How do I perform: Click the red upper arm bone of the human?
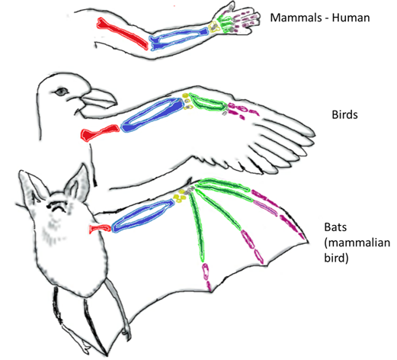click(x=121, y=33)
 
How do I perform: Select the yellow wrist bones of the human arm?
click(x=214, y=27)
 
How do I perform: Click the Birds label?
click(x=344, y=115)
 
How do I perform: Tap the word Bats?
click(x=335, y=227)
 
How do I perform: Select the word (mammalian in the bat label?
click(x=357, y=243)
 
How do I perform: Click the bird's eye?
click(x=61, y=92)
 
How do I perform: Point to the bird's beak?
click(x=100, y=98)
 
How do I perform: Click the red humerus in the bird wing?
click(x=100, y=132)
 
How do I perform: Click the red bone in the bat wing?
click(x=100, y=228)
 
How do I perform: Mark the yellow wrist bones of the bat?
click(x=179, y=196)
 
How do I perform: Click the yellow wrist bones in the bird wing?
click(x=187, y=101)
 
